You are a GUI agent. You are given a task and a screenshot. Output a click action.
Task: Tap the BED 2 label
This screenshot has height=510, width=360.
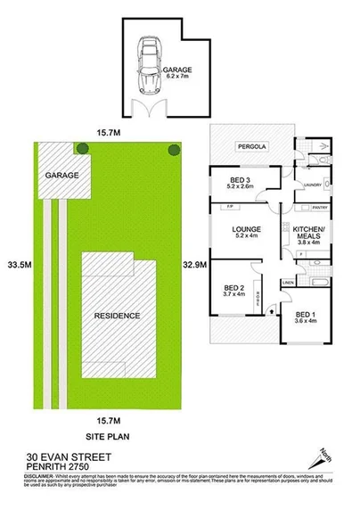(x=233, y=292)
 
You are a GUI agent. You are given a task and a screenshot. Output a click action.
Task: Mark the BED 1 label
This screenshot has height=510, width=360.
(x=306, y=317)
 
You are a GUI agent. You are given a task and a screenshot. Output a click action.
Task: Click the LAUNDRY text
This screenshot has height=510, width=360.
(x=312, y=185)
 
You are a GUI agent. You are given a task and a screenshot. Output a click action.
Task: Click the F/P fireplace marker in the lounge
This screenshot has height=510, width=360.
(x=230, y=208)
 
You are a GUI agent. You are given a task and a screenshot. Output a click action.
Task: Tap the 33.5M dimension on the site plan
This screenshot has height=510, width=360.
(x=14, y=265)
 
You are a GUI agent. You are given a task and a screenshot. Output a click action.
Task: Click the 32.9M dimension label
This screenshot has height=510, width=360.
(x=193, y=265)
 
